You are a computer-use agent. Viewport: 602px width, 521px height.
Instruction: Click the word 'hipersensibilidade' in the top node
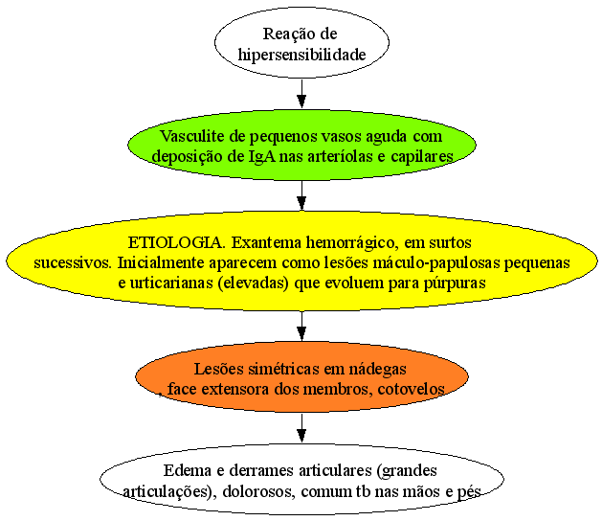point(301,55)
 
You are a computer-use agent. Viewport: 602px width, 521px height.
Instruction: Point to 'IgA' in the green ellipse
point(262,157)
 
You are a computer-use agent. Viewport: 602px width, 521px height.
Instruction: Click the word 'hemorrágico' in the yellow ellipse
point(350,243)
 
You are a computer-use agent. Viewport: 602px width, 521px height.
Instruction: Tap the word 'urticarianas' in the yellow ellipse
point(171,283)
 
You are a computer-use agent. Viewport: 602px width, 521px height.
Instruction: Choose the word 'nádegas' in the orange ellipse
point(377,370)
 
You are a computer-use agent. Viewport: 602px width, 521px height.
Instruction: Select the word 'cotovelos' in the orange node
point(412,389)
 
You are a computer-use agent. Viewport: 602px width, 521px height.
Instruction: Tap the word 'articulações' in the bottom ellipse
point(166,492)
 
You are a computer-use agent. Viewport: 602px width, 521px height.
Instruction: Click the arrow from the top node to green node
point(301,94)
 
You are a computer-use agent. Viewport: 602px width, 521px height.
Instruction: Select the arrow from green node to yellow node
point(301,195)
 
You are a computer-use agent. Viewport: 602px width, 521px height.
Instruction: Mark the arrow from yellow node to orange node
point(301,326)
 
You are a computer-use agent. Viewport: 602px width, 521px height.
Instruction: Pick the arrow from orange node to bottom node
point(301,428)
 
